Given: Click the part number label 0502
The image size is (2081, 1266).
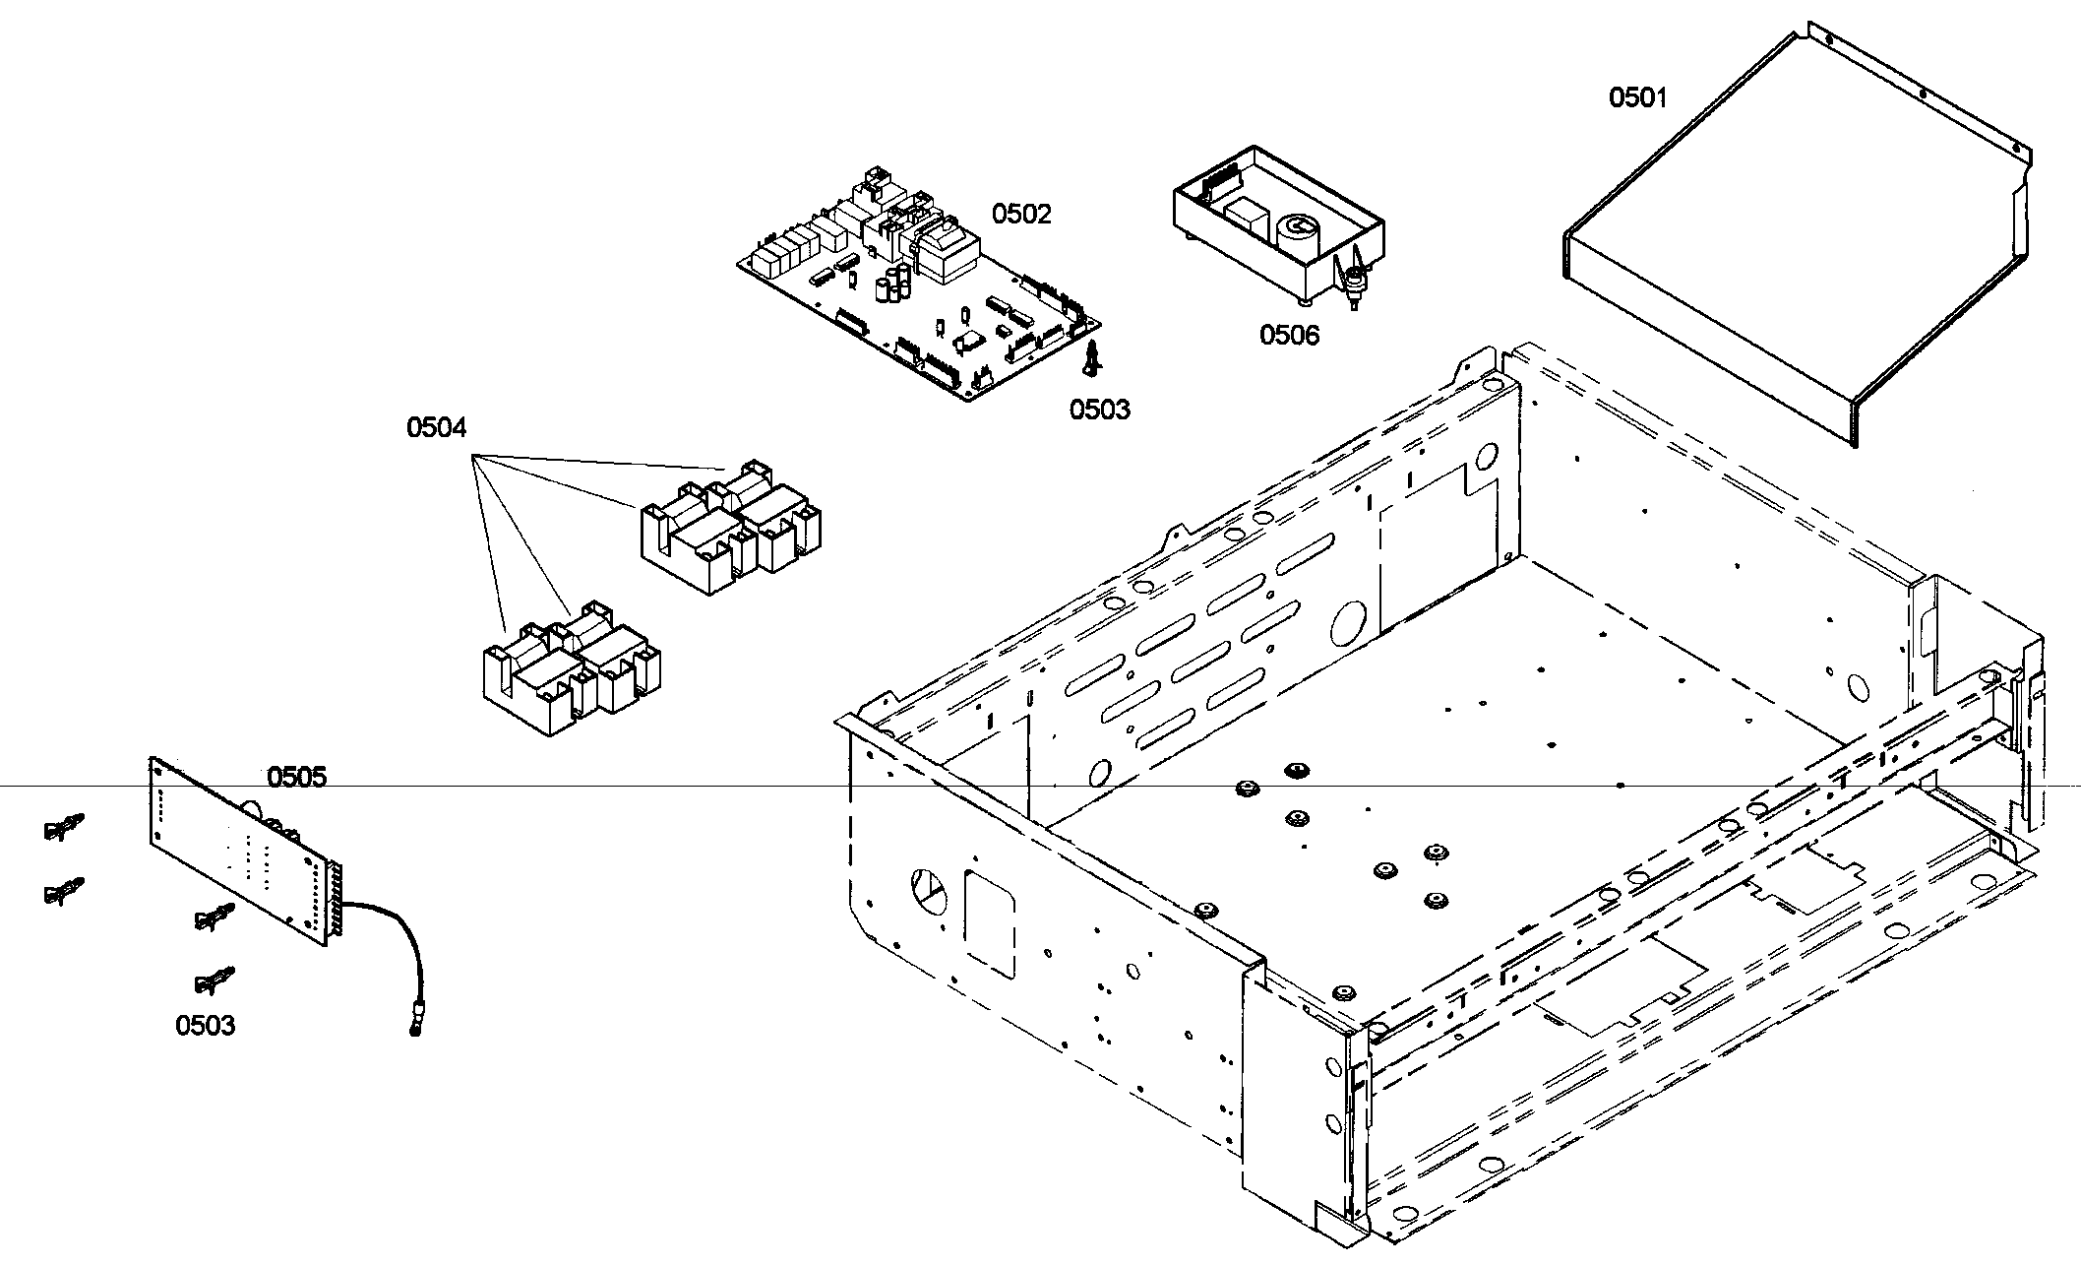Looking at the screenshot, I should point(1021,214).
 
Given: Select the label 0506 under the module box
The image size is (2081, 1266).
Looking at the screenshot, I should point(1289,335).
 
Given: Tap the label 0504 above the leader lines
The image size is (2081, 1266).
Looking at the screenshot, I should point(436,427).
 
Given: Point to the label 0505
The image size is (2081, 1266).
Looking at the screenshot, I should point(296,778).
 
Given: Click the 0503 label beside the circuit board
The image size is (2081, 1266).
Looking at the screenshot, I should point(1099,410).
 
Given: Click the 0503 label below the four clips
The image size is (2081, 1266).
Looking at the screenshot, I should point(205,1026).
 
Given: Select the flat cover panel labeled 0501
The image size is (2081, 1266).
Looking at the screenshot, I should point(1722,266).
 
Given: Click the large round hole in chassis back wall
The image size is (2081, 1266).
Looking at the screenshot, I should point(1346,622).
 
